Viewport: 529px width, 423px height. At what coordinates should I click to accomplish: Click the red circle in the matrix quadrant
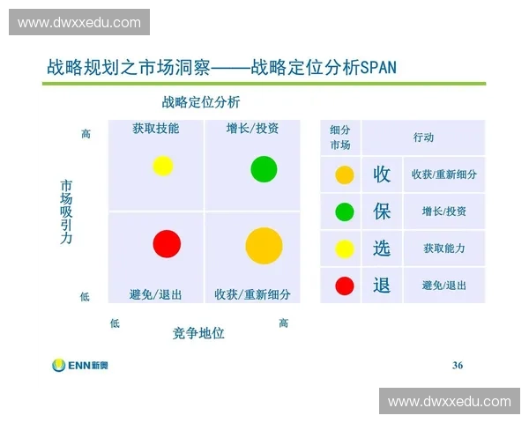tap(167, 243)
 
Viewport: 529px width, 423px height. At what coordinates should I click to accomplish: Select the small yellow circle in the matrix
tap(163, 166)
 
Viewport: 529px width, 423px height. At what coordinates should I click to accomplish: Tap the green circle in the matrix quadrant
tap(264, 168)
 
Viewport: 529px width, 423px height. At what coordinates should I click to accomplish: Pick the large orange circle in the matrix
tap(264, 246)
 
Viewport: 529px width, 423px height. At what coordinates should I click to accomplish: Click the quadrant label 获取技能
tap(156, 129)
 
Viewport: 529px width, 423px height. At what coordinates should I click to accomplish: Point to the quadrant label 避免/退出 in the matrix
tap(156, 294)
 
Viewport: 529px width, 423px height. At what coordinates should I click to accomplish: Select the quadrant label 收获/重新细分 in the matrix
tap(252, 294)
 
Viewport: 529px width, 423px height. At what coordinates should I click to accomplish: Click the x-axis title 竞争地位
tap(198, 333)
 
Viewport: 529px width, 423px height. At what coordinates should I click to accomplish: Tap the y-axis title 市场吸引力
tap(66, 212)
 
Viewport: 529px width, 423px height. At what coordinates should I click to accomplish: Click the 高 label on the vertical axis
tap(86, 134)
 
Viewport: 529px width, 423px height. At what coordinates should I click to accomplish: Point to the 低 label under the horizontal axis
tap(115, 323)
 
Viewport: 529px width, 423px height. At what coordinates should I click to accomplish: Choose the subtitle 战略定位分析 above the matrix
tap(201, 102)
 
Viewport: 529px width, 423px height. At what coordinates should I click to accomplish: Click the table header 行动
tap(423, 137)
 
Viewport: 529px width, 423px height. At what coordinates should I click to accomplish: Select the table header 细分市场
tap(340, 137)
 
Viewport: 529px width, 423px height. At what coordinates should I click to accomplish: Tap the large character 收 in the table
tap(382, 174)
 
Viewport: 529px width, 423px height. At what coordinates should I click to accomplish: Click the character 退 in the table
tap(382, 285)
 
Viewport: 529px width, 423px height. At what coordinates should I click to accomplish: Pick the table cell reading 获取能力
tap(443, 249)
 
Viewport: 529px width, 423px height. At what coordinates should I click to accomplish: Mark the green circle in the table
tap(345, 211)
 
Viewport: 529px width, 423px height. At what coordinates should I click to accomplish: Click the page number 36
tap(457, 365)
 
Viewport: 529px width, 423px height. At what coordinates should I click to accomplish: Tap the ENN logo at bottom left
tap(80, 365)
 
